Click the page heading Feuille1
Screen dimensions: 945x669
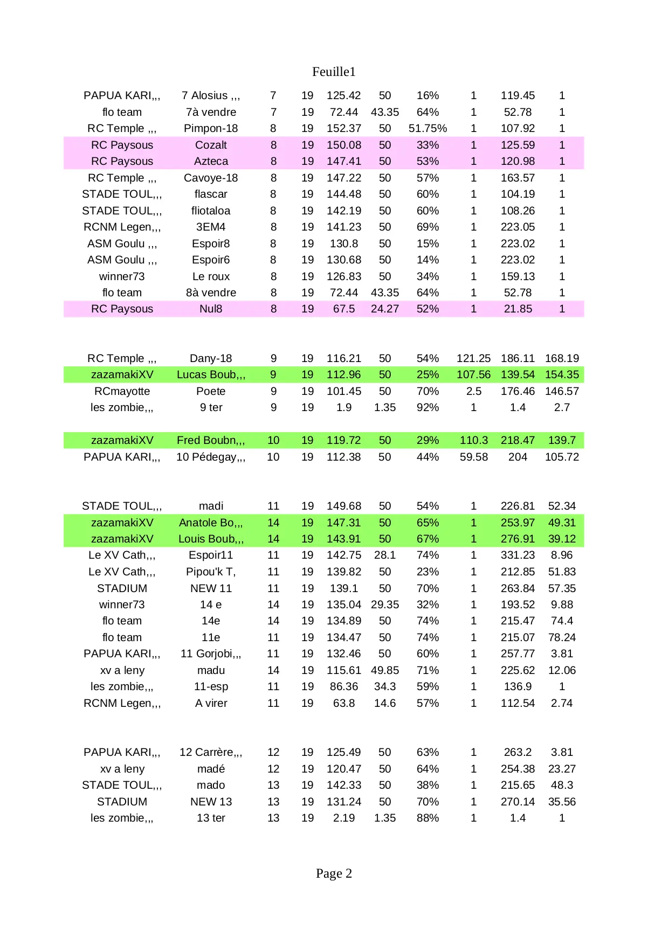[x=334, y=72]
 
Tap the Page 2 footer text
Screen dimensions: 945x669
[x=334, y=873]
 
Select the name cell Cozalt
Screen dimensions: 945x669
[x=211, y=145]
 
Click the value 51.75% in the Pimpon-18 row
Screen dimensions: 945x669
[x=427, y=128]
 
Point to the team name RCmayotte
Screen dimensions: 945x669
[x=122, y=391]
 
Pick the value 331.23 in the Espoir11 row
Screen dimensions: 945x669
[x=518, y=555]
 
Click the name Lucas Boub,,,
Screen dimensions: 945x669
[x=211, y=374]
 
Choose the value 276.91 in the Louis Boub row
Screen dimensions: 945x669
[x=518, y=539]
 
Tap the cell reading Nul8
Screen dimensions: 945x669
[x=211, y=309]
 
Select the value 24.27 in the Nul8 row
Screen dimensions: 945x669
[x=384, y=309]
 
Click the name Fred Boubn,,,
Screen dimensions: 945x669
[x=211, y=440]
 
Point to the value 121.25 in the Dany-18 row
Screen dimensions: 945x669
[x=473, y=358]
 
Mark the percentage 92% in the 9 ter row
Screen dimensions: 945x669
[x=427, y=407]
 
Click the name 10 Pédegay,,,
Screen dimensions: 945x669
[x=211, y=457]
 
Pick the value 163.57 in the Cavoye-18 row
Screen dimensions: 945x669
[x=518, y=178]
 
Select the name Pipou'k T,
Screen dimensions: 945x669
[x=211, y=572]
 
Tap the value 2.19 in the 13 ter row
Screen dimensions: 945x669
[x=343, y=818]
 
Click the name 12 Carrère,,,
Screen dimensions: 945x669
[x=211, y=752]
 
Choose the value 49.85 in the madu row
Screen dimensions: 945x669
[x=384, y=670]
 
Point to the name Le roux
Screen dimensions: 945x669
[x=211, y=276]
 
